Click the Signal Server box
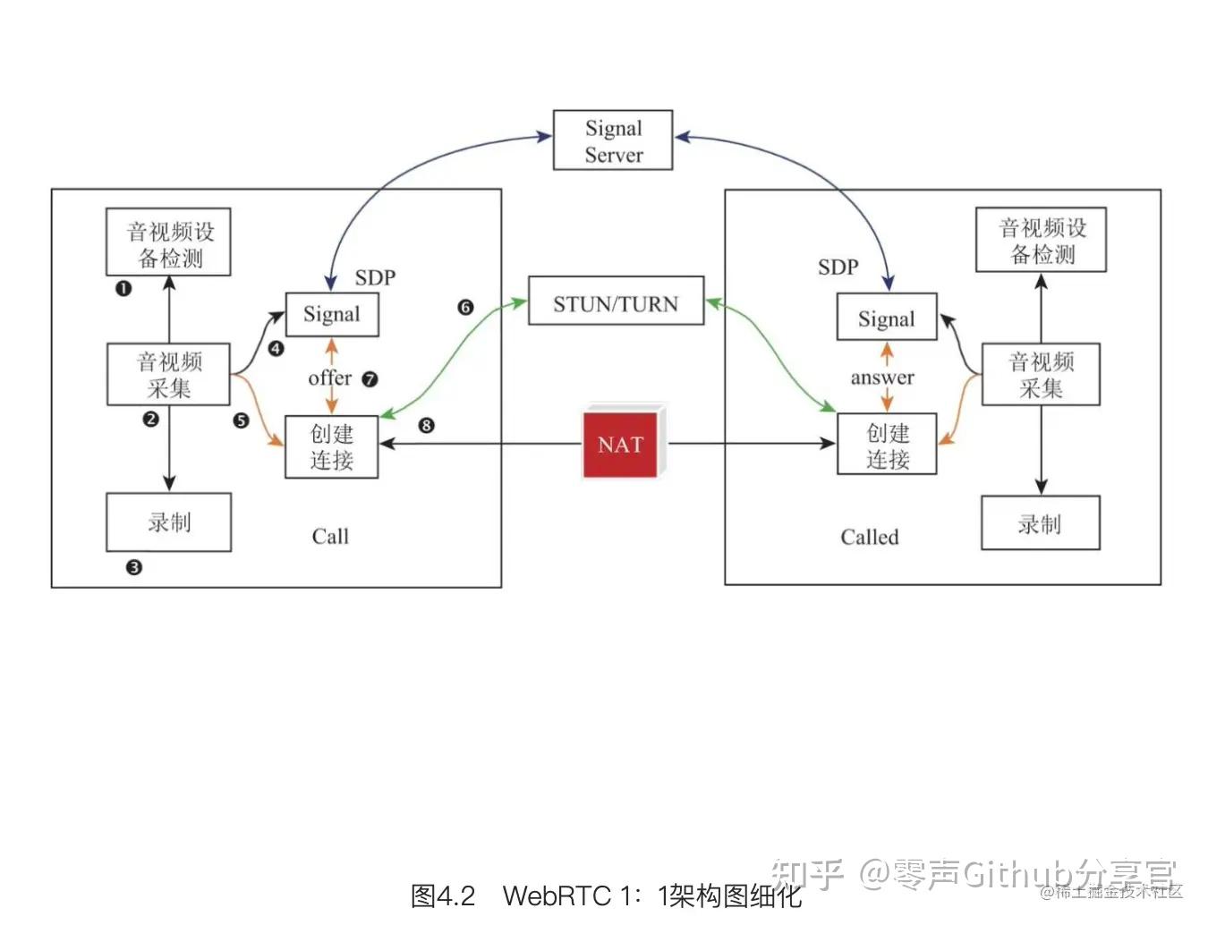tap(613, 140)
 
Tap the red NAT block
tap(622, 444)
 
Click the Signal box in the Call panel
tap(332, 314)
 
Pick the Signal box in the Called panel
tap(887, 318)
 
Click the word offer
tap(329, 378)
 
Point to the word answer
tap(882, 378)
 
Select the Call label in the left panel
tap(330, 536)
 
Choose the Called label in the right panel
tap(869, 537)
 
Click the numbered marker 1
tap(123, 288)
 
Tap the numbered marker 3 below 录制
tap(134, 567)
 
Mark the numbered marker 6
tap(465, 307)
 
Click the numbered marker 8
tap(426, 425)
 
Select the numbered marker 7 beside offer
tap(370, 379)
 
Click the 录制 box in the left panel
tap(169, 522)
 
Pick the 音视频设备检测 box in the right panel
tap(1041, 241)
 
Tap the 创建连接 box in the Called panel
tap(887, 445)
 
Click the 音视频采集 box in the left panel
tap(169, 374)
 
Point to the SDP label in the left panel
tap(375, 277)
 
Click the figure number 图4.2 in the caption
tap(443, 895)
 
